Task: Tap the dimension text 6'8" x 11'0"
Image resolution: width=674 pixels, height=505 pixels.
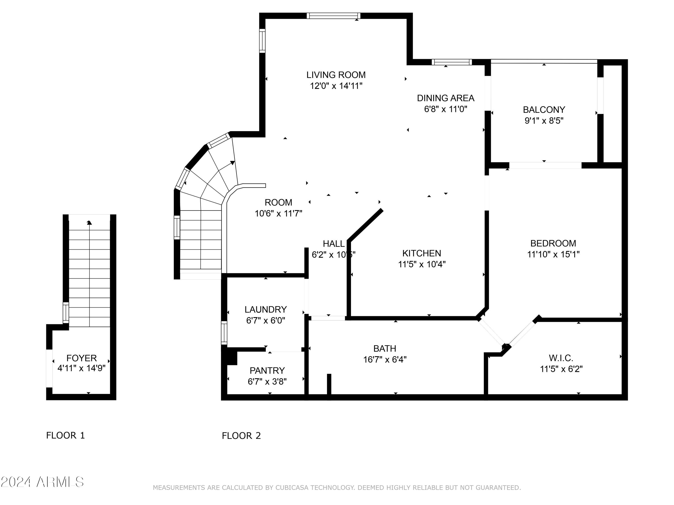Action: point(446,109)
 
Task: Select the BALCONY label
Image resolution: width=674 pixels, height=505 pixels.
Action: point(544,109)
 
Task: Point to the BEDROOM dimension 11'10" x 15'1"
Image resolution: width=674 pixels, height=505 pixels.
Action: point(553,254)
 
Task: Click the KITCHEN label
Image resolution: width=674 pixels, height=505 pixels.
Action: point(421,253)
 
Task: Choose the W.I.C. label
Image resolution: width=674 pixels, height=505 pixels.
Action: point(561,358)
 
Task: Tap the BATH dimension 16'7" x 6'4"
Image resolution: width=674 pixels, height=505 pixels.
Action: point(385,360)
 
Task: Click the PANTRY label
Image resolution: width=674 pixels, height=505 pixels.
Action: point(267,371)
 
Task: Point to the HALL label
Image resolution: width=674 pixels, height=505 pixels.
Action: point(334,244)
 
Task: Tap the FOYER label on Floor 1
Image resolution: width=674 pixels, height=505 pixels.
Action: point(81,358)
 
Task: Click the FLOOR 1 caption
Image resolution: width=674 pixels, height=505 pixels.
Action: point(66,435)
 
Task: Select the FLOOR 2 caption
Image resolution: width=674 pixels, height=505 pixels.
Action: point(241,436)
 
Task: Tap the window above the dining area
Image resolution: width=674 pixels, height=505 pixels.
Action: point(452,62)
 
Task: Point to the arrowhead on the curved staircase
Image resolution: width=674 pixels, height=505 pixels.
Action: point(233,163)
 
